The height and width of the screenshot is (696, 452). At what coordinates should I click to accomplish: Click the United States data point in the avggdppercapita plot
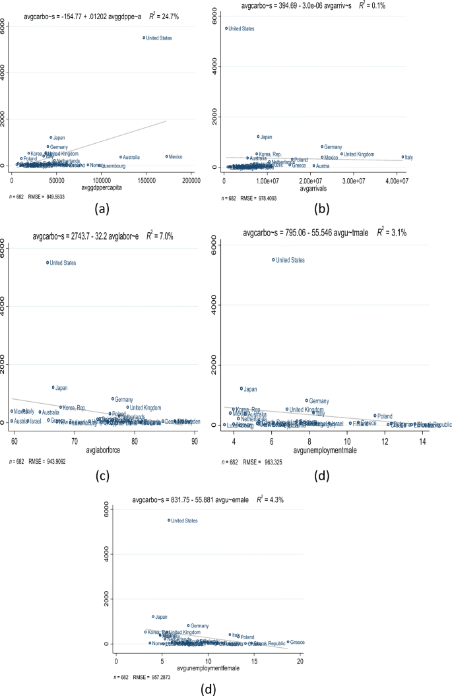(144, 38)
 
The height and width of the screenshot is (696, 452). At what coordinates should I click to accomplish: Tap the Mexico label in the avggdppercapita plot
(176, 156)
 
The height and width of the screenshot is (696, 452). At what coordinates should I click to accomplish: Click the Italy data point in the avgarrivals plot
(403, 157)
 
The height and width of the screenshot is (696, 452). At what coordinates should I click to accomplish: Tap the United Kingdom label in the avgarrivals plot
(360, 154)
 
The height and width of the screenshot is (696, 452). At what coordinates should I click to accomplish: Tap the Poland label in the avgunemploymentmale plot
(384, 416)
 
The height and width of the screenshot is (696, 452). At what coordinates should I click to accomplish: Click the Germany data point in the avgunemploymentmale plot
(307, 400)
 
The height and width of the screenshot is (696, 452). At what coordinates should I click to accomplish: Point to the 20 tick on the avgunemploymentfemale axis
(300, 660)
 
